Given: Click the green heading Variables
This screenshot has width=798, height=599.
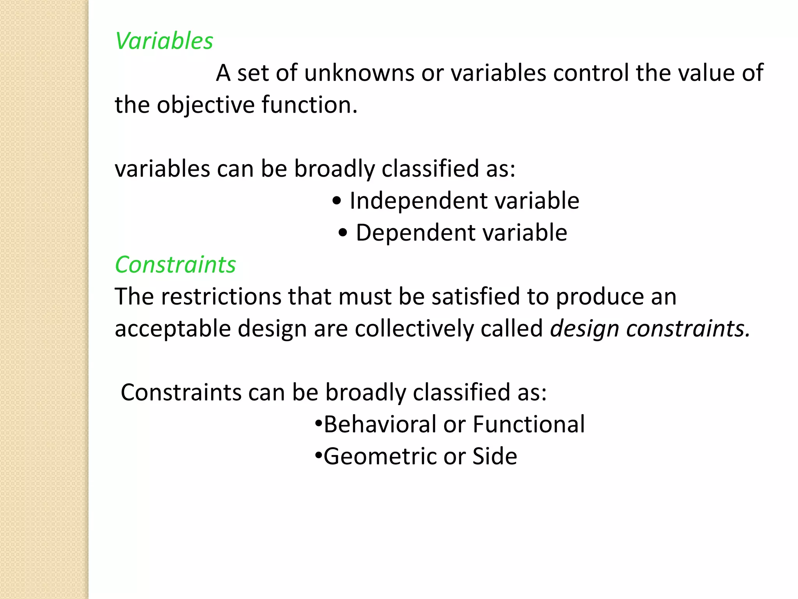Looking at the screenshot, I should coord(164,41).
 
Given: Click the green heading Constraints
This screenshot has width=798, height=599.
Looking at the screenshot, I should coord(175,265).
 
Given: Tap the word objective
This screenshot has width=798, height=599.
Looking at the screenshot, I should coord(205,105).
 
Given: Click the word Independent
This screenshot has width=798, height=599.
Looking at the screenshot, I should coord(419,201).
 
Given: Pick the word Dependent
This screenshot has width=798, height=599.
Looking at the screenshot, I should coord(416,233).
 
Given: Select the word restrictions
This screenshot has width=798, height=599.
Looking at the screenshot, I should coord(221,297).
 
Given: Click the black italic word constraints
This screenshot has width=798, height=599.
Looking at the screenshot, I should coord(688,329).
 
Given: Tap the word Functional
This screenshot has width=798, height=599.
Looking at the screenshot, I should coord(529,425).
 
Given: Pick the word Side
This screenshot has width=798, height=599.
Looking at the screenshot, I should coord(494,457).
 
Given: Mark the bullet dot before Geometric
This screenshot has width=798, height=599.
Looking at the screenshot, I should coord(318,455).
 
